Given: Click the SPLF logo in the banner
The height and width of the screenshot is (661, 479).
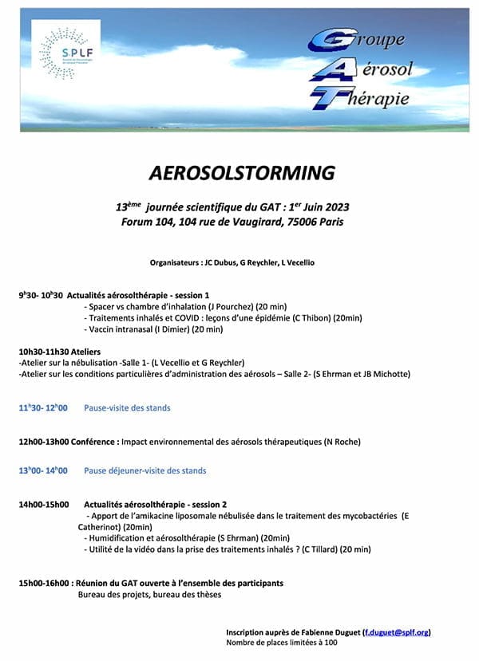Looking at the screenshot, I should point(58,52).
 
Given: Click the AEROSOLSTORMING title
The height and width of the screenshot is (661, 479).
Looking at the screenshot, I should point(242,173).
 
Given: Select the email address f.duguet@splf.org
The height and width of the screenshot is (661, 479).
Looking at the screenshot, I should point(398,631).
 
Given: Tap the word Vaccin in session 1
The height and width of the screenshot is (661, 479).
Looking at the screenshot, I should point(101,329).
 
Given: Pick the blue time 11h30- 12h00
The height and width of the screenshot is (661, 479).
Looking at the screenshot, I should point(43,407).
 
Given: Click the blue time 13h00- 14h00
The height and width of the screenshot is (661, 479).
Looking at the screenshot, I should point(43,470).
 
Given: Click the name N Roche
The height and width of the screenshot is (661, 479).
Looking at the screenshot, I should point(342,442).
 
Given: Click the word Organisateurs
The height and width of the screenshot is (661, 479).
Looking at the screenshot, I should point(175,262).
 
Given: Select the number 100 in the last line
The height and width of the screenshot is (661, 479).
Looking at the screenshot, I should point(331,642).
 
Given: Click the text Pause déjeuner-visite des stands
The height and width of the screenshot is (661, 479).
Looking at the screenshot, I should point(145,470).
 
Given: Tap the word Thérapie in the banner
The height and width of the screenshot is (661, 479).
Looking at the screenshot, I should point(380,98).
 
